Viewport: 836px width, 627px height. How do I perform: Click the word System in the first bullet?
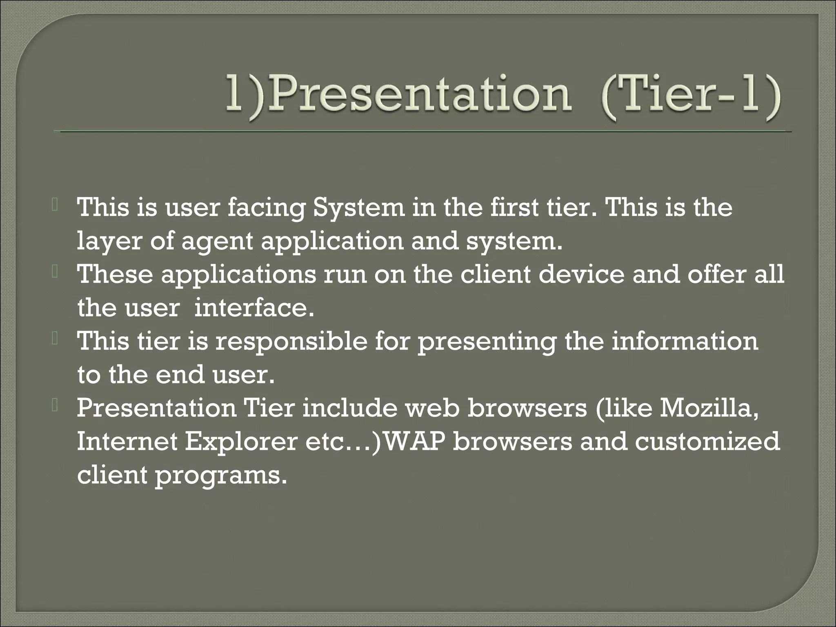pyautogui.click(x=358, y=208)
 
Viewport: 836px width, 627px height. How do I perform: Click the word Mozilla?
pyautogui.click(x=708, y=408)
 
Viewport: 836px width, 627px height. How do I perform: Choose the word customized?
pyautogui.click(x=707, y=442)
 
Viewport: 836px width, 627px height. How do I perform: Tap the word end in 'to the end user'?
pyautogui.click(x=180, y=374)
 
